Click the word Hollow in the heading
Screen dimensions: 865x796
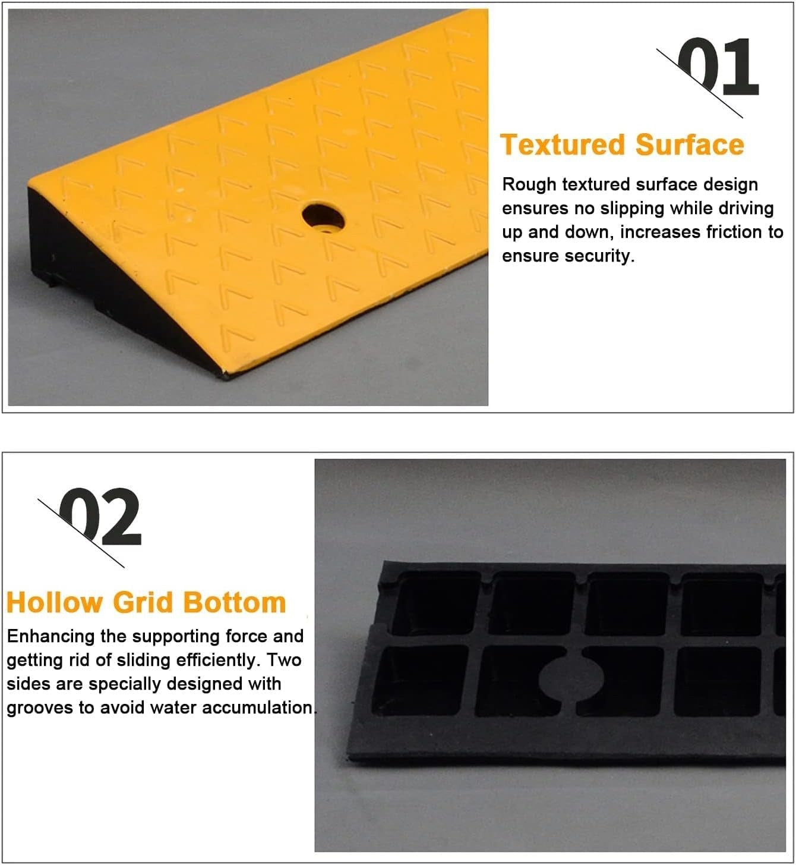pos(54,602)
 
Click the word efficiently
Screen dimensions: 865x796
pos(210,660)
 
